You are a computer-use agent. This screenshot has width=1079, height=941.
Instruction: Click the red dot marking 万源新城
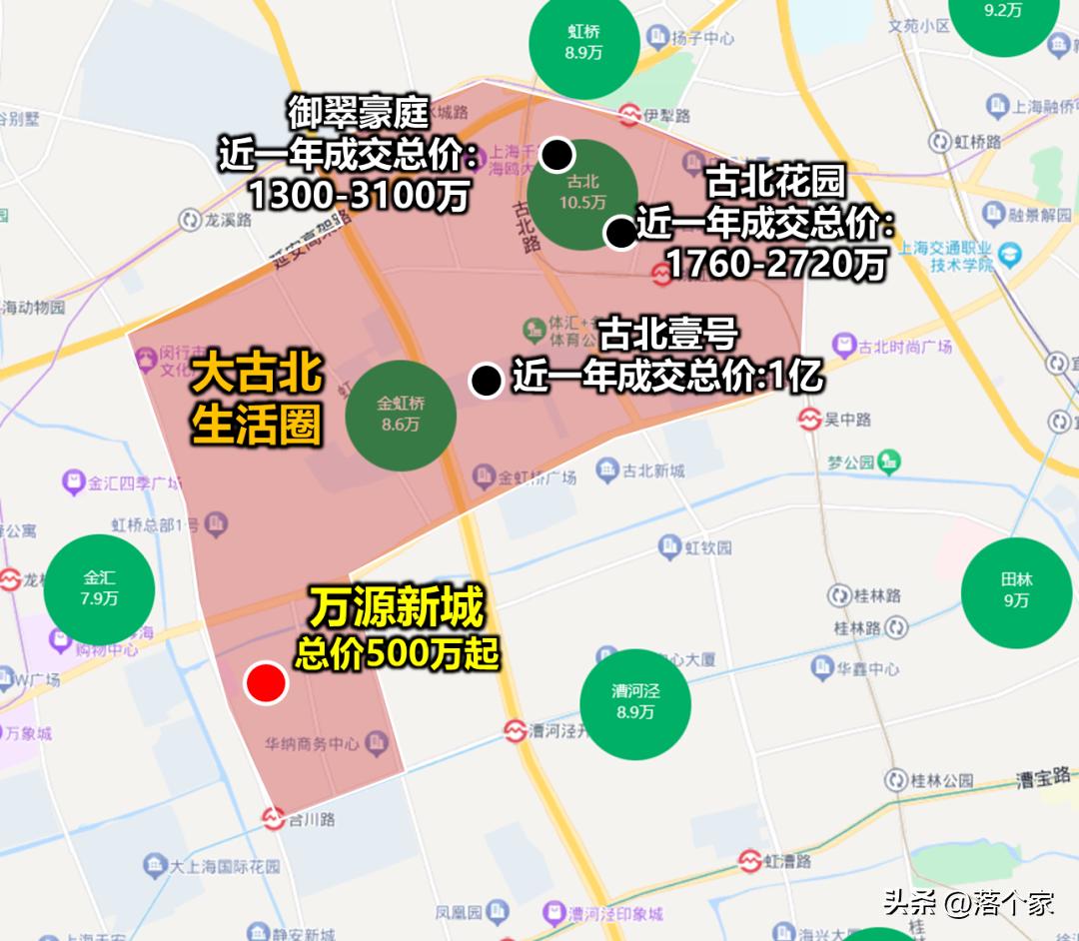267,683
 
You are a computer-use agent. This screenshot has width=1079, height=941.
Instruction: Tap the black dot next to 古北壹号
487,380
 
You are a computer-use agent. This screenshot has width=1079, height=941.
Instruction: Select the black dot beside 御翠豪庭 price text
557,155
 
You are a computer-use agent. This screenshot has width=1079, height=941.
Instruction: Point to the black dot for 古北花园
620,234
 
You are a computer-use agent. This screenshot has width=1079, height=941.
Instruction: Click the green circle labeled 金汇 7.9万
99,588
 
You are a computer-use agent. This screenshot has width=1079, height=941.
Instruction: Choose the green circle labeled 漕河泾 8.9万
635,701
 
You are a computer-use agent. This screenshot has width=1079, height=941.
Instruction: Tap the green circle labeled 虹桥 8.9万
583,42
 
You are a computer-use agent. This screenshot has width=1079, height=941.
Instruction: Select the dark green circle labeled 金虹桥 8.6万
401,414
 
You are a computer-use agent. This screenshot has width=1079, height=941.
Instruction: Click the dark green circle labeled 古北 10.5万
582,192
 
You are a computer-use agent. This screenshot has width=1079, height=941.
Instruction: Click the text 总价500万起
397,653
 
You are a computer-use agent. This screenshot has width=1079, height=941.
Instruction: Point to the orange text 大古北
257,374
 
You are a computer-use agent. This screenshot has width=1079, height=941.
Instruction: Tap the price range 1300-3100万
359,196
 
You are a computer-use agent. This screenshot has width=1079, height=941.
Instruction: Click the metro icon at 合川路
273,819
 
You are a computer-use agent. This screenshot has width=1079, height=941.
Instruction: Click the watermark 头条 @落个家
968,904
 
